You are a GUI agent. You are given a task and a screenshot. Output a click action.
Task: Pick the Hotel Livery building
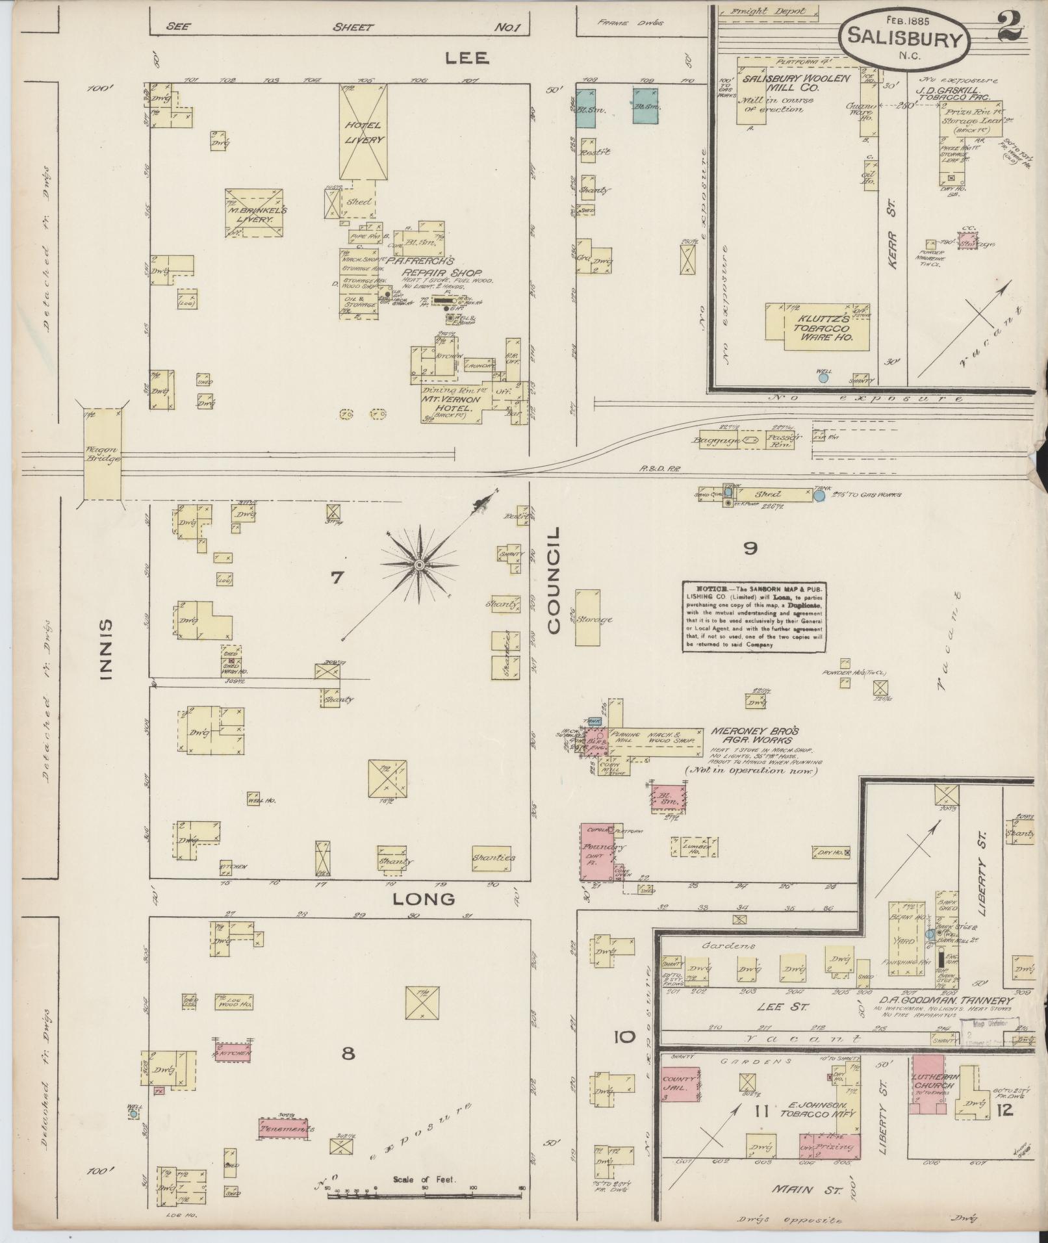coord(364,132)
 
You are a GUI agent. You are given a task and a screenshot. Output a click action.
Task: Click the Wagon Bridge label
coord(102,454)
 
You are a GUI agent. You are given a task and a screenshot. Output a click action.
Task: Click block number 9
coord(750,548)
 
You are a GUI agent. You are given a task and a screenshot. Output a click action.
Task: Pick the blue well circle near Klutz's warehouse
coord(823,377)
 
